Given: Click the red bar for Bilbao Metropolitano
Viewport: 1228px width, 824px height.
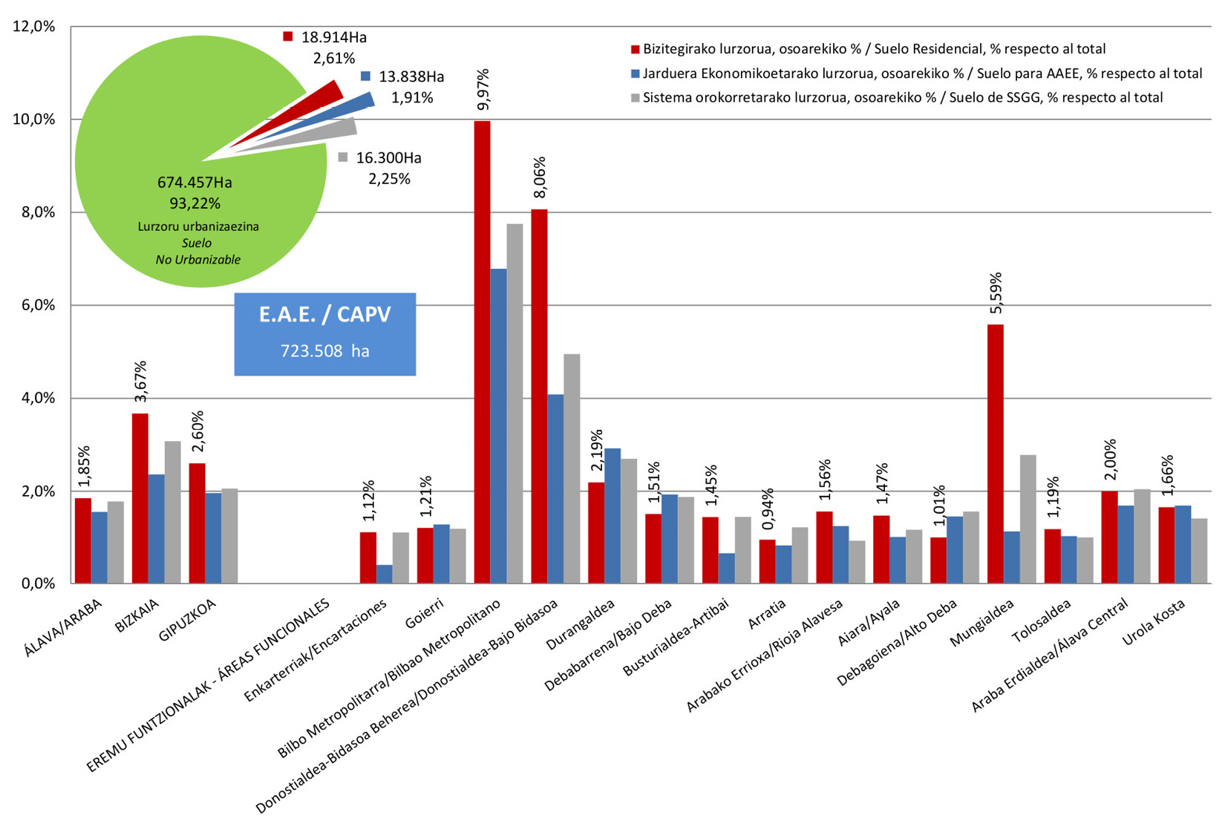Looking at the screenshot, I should pos(482,353).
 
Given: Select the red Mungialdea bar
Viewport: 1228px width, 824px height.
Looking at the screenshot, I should pos(995,454).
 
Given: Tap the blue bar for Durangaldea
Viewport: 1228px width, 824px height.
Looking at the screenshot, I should pos(613,516).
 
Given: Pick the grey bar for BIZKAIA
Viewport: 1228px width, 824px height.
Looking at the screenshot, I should pos(172,512).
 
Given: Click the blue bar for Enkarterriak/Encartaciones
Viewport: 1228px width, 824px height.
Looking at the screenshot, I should pos(384,574).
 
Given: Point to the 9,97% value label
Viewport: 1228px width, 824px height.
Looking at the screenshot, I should pos(483,90).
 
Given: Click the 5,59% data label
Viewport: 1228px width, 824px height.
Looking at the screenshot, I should pos(996,292).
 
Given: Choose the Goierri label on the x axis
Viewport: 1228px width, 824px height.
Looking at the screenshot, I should pos(425,614).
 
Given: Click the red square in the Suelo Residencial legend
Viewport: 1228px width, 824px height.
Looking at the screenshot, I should pos(635,50).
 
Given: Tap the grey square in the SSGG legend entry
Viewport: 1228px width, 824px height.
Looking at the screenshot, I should pos(635,98).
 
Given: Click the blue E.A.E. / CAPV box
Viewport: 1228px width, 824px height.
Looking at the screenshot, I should pos(324,333).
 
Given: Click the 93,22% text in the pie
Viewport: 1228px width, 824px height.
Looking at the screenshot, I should pos(195,203).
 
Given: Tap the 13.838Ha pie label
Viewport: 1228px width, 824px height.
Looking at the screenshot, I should pos(411,76).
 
